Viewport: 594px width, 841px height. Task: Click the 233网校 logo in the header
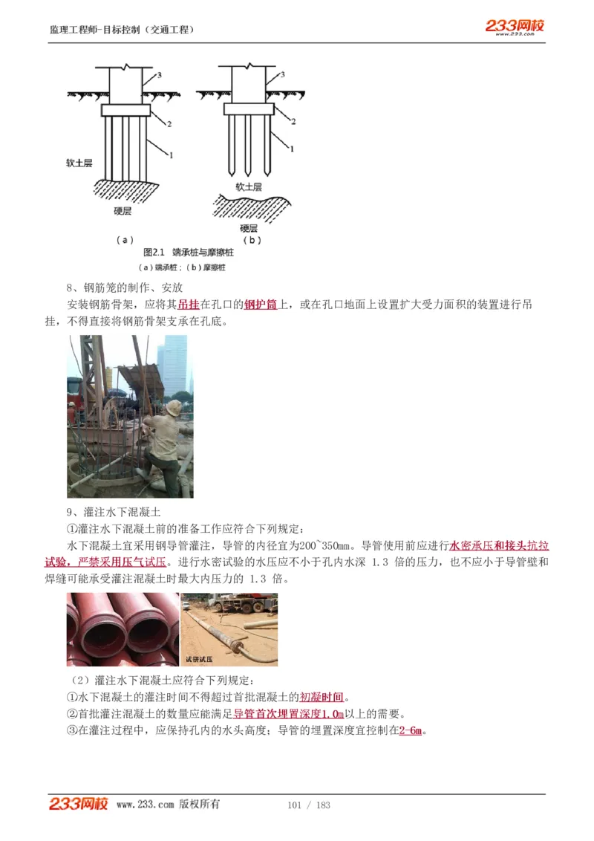(x=515, y=27)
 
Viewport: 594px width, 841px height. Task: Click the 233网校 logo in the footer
(x=79, y=804)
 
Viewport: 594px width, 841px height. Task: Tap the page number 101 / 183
(x=308, y=805)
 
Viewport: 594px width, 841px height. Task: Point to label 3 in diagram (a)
(x=158, y=76)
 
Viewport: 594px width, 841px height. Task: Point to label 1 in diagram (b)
(x=291, y=149)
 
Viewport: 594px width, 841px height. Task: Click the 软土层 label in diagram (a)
(x=79, y=163)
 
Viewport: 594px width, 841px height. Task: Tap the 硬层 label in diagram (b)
(x=249, y=228)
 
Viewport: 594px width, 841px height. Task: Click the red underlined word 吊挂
(x=189, y=305)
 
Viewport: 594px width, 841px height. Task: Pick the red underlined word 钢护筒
(x=261, y=305)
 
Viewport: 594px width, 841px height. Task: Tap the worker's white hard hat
(x=174, y=407)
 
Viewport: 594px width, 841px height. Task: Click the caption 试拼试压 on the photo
(x=199, y=659)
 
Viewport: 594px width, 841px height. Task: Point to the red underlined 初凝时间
(x=322, y=697)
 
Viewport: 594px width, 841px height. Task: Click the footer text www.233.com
(x=145, y=805)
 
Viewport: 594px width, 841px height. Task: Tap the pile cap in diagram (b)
(x=252, y=109)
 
